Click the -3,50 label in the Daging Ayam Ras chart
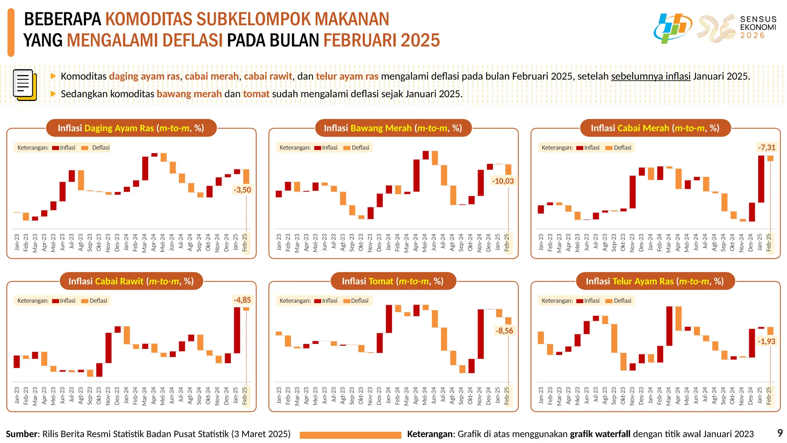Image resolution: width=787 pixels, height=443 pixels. [242, 190]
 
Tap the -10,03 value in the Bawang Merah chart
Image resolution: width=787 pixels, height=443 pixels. [503, 181]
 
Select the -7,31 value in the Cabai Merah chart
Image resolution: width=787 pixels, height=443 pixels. [766, 148]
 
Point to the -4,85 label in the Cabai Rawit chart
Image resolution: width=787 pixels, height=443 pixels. [242, 300]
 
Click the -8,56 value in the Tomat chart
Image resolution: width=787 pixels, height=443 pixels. [504, 331]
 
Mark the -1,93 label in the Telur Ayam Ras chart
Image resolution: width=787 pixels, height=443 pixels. [766, 342]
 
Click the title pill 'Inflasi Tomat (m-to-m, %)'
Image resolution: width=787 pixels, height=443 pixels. [393, 281]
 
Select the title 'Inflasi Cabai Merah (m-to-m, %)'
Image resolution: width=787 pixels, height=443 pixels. [655, 128]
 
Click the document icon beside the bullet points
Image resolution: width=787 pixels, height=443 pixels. [25, 85]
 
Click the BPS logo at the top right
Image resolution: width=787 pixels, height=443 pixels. [672, 28]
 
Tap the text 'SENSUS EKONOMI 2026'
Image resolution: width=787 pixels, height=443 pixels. [758, 27]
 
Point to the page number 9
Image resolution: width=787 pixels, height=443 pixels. [780, 433]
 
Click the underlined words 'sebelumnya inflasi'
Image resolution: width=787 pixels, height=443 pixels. [651, 76]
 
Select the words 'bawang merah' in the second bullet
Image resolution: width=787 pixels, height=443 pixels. [189, 94]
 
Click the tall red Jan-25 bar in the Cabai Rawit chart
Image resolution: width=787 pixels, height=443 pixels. [237, 330]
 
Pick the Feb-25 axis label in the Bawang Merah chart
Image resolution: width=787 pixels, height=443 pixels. [507, 242]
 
